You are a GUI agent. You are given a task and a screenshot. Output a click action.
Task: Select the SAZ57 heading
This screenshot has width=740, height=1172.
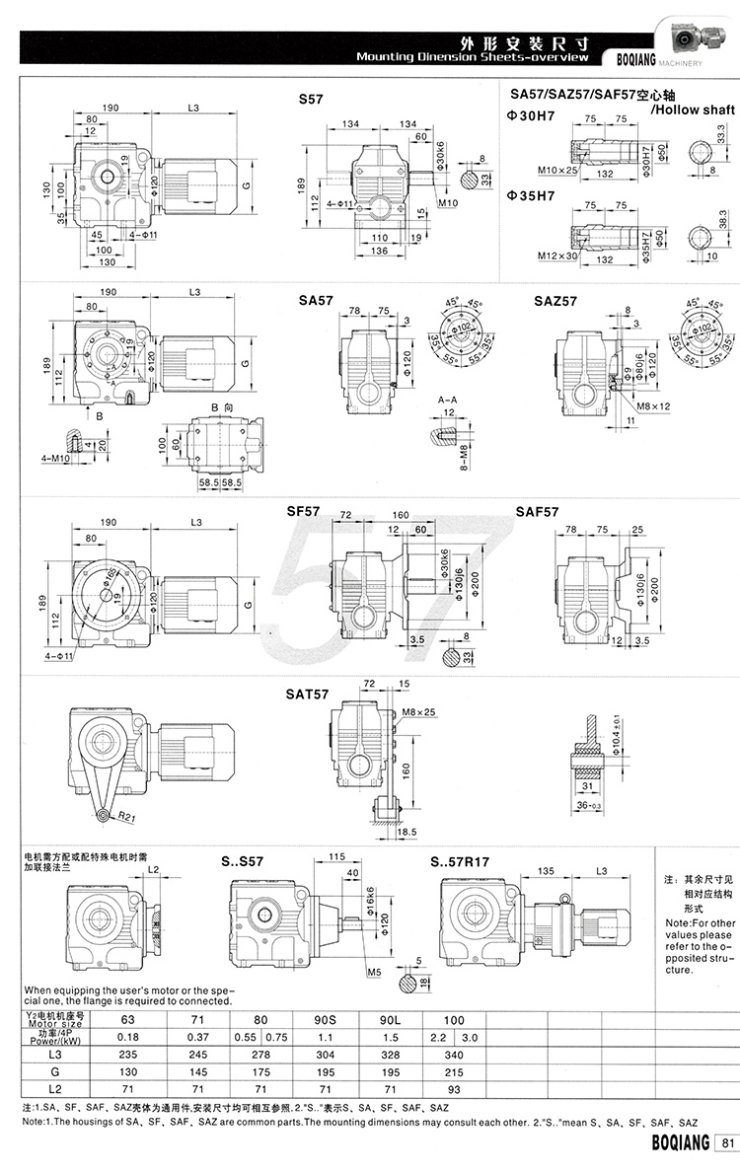click(555, 301)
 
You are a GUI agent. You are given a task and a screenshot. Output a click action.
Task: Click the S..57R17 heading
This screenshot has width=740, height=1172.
click(461, 862)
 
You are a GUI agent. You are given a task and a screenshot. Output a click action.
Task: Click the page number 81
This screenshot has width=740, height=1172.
click(728, 1143)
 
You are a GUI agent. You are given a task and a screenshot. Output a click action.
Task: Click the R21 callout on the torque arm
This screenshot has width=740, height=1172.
click(122, 817)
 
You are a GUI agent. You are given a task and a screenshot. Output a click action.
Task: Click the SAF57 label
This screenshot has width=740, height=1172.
click(537, 512)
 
